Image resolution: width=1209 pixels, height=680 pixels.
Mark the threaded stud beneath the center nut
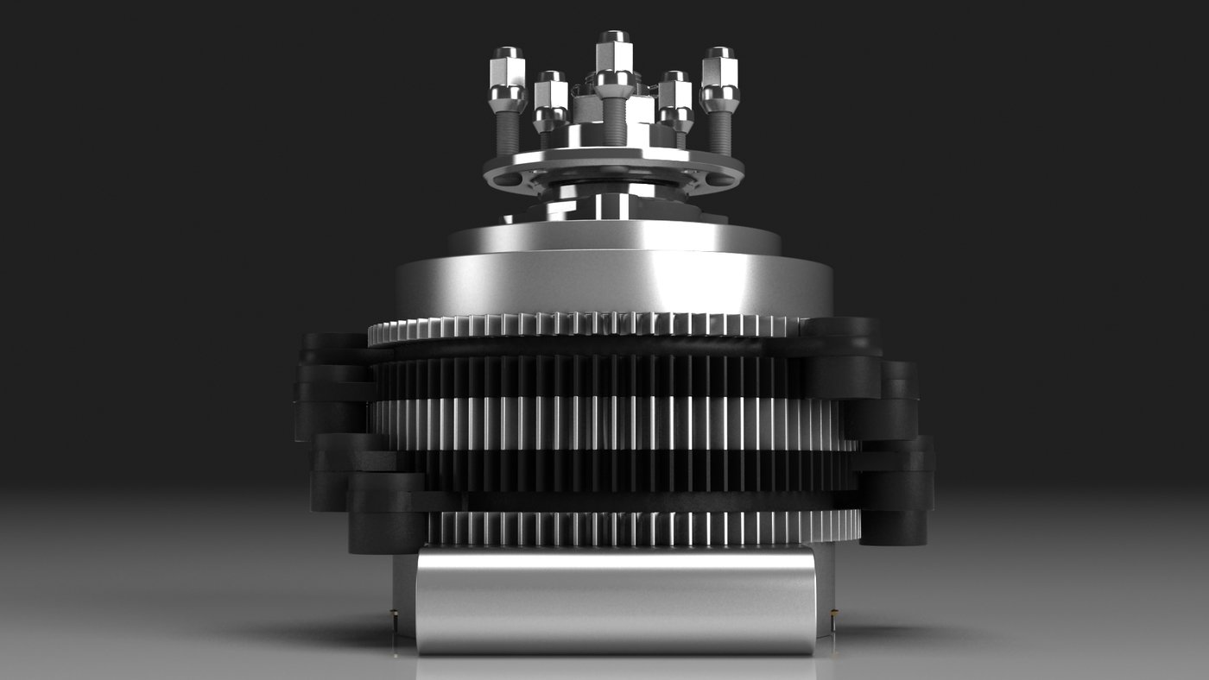614,121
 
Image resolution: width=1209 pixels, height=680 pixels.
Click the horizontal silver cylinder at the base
615,600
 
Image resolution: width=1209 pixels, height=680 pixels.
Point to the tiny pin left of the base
394,618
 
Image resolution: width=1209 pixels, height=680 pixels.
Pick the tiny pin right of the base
833,618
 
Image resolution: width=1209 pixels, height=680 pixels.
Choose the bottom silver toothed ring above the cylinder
643,527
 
